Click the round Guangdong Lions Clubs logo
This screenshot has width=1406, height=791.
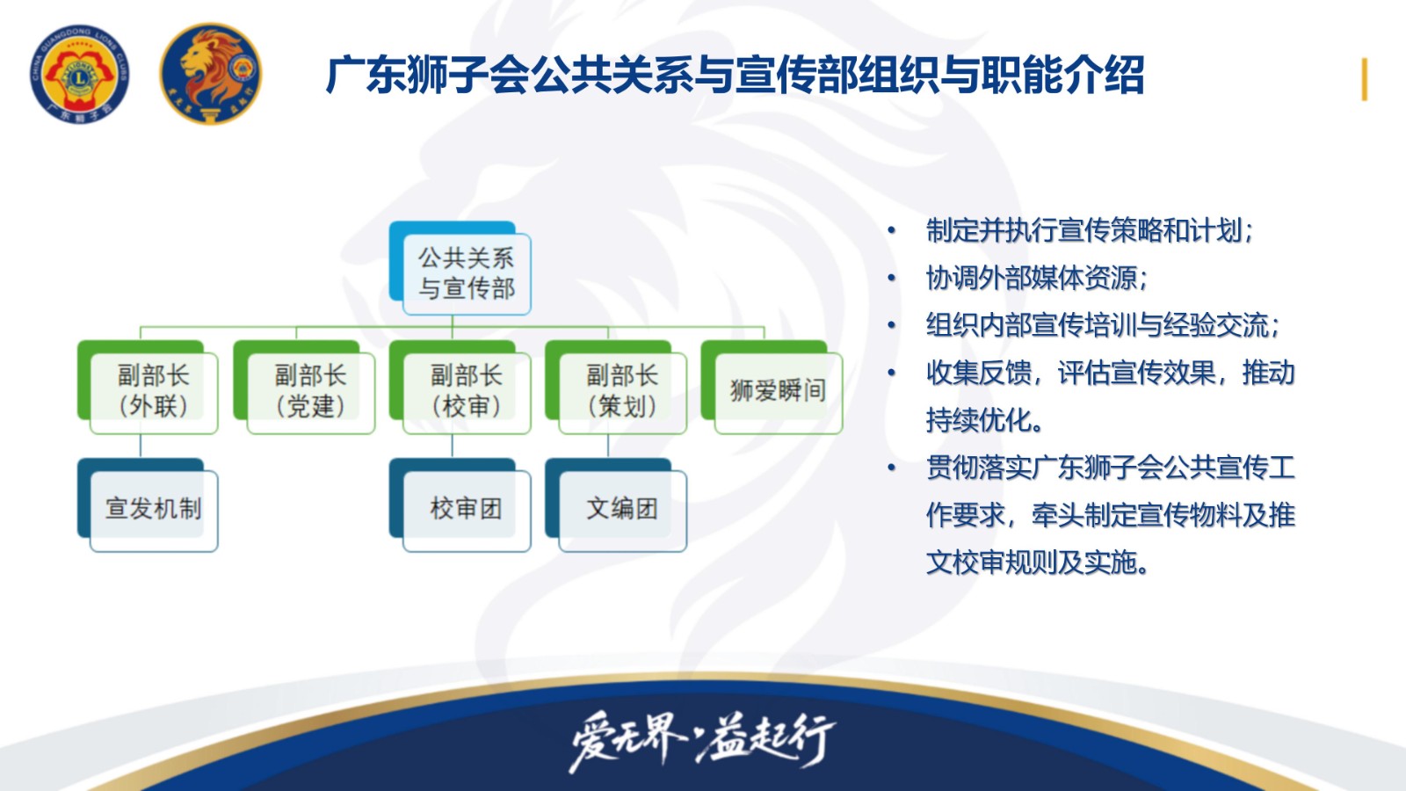[80, 74]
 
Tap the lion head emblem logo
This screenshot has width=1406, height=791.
[211, 74]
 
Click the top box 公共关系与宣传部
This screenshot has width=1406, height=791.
[460, 268]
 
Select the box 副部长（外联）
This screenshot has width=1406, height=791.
[148, 388]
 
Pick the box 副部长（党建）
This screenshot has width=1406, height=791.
[304, 388]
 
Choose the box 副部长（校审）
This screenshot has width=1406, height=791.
[460, 388]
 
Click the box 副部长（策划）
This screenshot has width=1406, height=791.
[616, 388]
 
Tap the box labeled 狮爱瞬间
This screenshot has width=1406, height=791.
[772, 388]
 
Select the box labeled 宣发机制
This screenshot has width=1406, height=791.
[148, 505]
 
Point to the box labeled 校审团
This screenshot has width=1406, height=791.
[460, 505]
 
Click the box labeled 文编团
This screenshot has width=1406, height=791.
[616, 505]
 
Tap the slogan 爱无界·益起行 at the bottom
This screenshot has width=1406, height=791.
[702, 741]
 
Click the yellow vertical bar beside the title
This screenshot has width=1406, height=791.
[1364, 79]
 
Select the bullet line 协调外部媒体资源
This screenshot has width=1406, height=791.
[1037, 278]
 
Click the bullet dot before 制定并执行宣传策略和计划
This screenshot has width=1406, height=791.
[891, 230]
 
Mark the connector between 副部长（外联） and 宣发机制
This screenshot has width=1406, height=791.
[140, 446]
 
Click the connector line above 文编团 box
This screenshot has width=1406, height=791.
[607, 446]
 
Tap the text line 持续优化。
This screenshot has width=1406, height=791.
[985, 420]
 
